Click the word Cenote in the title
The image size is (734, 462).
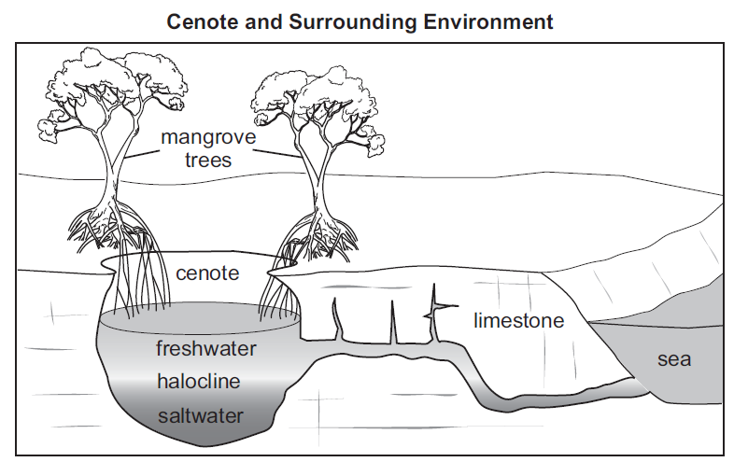coord(199,21)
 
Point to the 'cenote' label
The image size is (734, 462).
coord(206,273)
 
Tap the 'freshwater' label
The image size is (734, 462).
coord(206,349)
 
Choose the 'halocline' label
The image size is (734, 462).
coord(199,381)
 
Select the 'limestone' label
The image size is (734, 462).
coord(518,321)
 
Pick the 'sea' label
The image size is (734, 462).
coord(674,357)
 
